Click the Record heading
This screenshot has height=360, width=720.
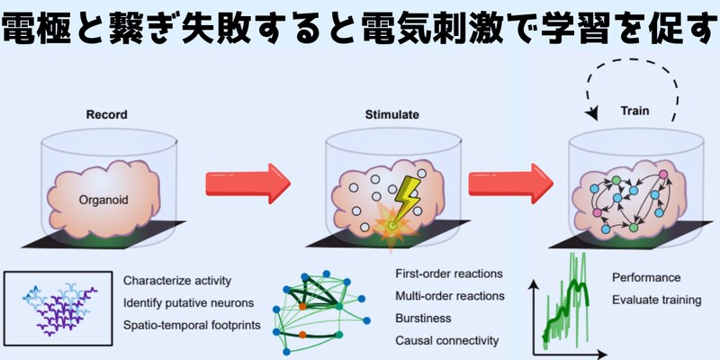pyautogui.click(x=106, y=115)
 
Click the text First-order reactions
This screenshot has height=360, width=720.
pyautogui.click(x=449, y=274)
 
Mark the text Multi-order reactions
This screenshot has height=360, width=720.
pyautogui.click(x=450, y=296)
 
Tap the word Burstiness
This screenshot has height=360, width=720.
pyautogui.click(x=423, y=318)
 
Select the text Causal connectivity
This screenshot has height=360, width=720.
pyautogui.click(x=445, y=340)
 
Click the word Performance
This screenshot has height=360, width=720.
pyautogui.click(x=646, y=277)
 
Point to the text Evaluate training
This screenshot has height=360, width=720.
pyautogui.click(x=656, y=300)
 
